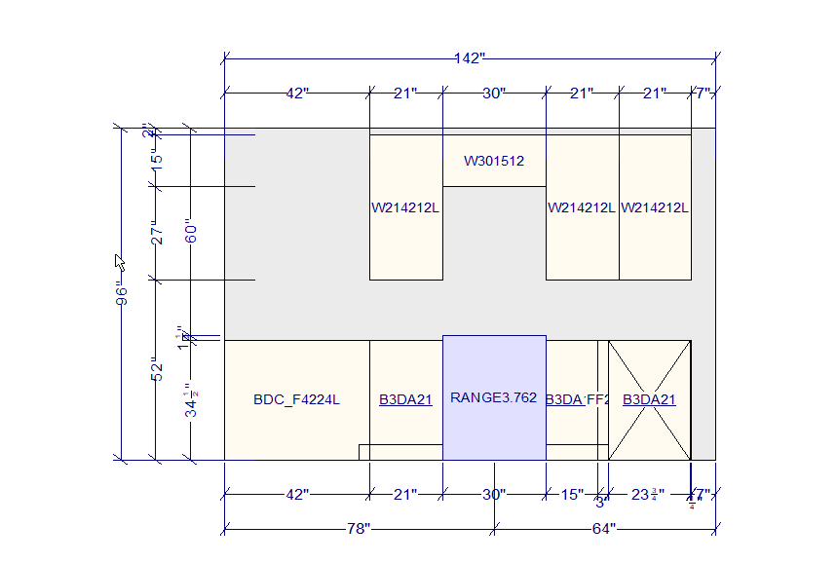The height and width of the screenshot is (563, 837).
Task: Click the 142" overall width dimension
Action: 469,58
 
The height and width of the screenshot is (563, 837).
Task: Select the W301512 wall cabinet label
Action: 493,161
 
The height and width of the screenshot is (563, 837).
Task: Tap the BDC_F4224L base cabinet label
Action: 296,399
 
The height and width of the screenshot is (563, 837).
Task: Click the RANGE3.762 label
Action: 493,397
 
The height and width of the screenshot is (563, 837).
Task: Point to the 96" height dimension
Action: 120,293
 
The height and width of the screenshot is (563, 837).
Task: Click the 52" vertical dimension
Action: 157,369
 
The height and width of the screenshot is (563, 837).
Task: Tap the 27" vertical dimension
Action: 157,233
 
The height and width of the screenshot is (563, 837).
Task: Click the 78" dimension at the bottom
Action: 359,529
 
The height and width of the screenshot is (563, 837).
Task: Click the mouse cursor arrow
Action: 120,261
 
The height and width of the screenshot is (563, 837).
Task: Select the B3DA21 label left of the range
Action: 405,399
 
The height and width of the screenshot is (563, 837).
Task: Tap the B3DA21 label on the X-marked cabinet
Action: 649,399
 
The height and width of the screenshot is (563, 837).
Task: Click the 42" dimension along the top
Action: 296,94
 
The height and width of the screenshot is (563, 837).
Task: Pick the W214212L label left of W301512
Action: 405,207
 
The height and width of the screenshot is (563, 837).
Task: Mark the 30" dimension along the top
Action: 493,94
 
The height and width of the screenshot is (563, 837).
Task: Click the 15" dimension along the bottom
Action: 571,495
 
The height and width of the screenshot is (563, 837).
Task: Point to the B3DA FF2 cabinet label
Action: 577,399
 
